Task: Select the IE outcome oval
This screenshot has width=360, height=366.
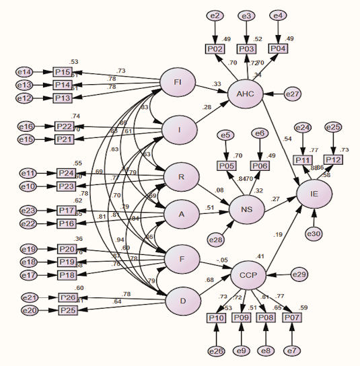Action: (314, 193)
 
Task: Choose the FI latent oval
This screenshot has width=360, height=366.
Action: (178, 83)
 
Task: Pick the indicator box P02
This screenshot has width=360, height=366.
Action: (215, 49)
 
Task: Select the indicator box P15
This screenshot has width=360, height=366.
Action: (63, 72)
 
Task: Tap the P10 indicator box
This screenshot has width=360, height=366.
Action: (216, 318)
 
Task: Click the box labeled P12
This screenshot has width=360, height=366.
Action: (334, 159)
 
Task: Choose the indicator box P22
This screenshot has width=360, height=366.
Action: (64, 126)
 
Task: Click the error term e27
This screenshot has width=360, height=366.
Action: (292, 94)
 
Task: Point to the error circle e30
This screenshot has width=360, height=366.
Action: (315, 233)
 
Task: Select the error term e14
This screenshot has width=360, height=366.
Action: (25, 72)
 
